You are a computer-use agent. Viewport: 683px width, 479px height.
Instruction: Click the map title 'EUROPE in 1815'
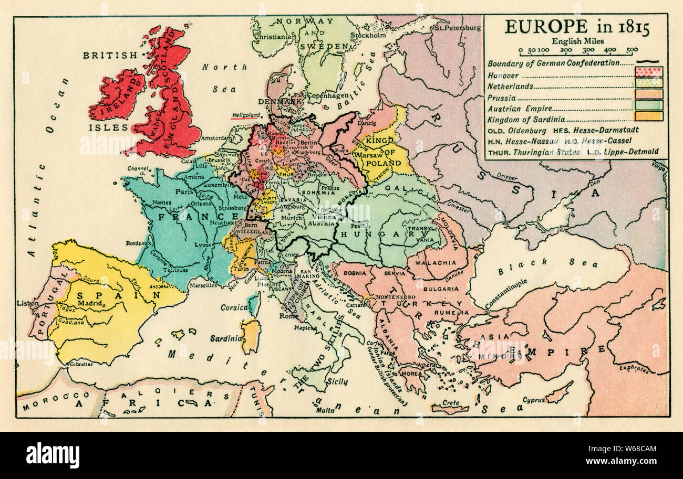(x=576, y=27)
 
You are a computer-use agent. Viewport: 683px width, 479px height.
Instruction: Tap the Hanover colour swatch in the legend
(x=649, y=72)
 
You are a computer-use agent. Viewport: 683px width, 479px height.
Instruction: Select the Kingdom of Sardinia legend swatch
(x=649, y=116)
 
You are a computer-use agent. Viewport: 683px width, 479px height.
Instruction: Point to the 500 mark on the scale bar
(x=632, y=50)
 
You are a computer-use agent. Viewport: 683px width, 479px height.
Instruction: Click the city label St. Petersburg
(x=456, y=27)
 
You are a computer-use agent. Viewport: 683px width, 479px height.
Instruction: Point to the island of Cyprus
(x=558, y=392)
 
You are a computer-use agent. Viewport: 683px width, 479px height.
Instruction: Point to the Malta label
(x=324, y=411)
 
